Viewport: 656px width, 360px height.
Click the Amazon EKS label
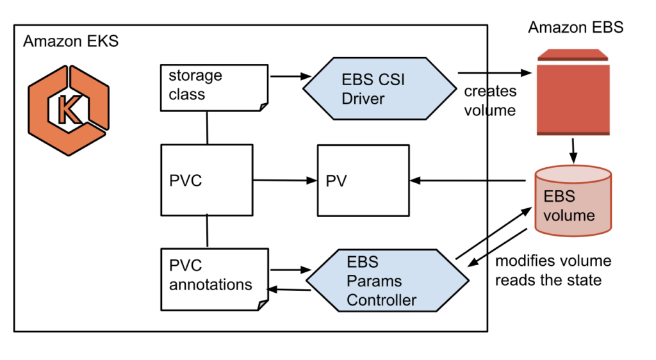coord(71,42)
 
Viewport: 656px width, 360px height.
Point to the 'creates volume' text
coord(490,101)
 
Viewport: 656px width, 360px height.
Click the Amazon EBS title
coord(575,27)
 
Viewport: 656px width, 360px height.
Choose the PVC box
coord(206,180)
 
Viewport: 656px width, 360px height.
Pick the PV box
coord(363,181)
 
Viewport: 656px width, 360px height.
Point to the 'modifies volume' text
coord(553,261)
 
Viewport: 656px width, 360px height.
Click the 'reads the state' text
coord(548,280)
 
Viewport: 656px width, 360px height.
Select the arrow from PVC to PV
coord(284,181)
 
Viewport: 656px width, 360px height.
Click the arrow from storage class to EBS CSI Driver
coord(287,77)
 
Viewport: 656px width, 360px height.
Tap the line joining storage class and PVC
coord(207,127)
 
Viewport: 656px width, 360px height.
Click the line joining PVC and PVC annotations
coord(207,231)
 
